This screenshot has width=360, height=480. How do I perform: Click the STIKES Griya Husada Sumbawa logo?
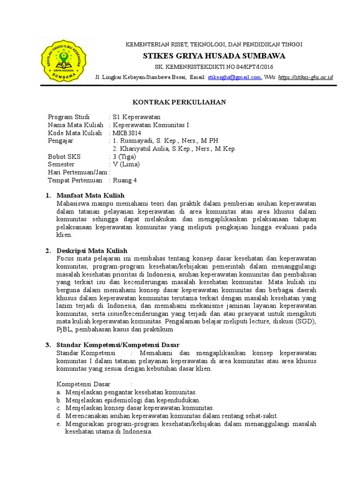[62, 61]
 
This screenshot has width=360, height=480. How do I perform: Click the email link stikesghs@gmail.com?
[234, 77]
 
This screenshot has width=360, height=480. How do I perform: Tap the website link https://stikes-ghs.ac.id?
[305, 77]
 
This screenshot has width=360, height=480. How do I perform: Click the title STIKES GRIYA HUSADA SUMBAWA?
[214, 56]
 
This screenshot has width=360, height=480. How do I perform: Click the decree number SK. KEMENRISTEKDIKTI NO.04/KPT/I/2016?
[213, 67]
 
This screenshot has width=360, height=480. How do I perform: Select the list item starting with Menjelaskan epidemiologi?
[133, 400]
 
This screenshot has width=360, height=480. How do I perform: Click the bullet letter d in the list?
[59, 416]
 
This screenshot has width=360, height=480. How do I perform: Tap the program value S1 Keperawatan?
[136, 117]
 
